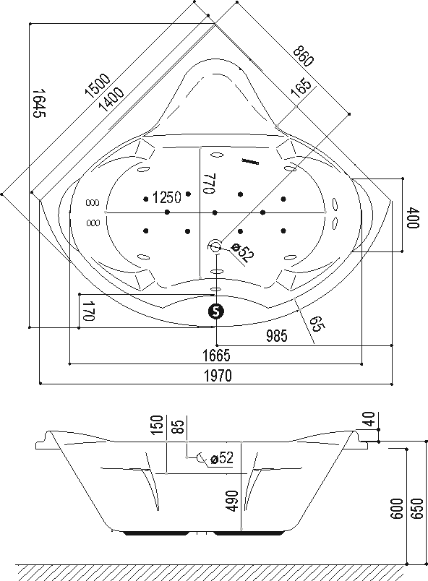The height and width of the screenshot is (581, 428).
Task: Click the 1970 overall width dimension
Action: pos(218,376)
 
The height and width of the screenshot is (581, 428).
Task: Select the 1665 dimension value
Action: pos(216,356)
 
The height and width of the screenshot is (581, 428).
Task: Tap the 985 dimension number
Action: pos(277,336)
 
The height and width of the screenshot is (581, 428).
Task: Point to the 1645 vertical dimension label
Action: pos(38,103)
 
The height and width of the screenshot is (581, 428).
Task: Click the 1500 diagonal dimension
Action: pos(98,85)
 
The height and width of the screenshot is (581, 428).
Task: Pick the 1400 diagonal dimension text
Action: pos(111,99)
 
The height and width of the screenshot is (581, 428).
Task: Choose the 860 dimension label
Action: pos(304,56)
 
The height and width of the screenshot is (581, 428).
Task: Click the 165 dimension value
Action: pos(301,87)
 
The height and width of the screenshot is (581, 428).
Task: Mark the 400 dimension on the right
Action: pos(413,218)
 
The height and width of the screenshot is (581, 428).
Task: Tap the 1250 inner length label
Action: pos(167,197)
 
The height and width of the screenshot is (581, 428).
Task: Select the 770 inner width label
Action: pos(209,183)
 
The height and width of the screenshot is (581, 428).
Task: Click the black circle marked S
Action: pos(216,311)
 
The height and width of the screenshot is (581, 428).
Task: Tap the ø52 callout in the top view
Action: pos(243,251)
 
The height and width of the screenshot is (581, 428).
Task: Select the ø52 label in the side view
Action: pos(222,458)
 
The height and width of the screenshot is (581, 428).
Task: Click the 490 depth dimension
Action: pos(232,501)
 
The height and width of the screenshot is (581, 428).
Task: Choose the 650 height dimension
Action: pos(417,509)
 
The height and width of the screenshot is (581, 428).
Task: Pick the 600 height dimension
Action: pos(396,509)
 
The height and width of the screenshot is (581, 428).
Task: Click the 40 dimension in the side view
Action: pos(369,419)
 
